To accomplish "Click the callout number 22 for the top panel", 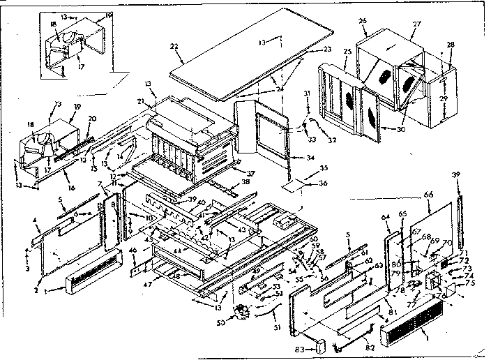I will pos(174,46).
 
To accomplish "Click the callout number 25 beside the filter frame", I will pos(329,52).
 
